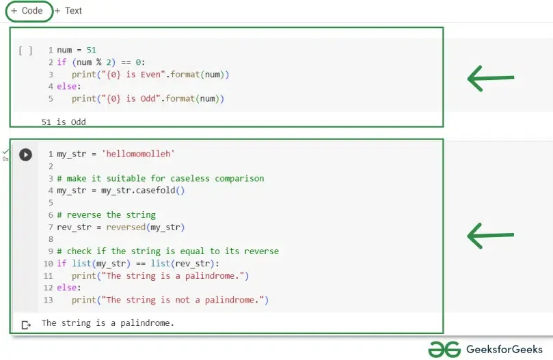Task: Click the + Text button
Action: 68,11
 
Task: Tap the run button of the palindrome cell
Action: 25,154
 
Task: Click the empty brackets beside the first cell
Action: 25,51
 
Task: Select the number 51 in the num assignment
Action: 92,50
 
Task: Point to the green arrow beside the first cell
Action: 491,79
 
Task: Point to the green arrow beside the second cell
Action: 491,236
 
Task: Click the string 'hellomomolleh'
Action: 138,154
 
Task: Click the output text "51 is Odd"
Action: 64,122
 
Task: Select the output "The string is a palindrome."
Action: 108,323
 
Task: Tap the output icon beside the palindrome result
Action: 26,324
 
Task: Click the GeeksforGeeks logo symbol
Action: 444,350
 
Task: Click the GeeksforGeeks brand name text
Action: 504,350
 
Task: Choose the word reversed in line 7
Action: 126,227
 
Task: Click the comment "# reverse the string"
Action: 106,214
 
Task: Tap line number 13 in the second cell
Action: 49,300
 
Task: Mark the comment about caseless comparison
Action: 161,178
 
